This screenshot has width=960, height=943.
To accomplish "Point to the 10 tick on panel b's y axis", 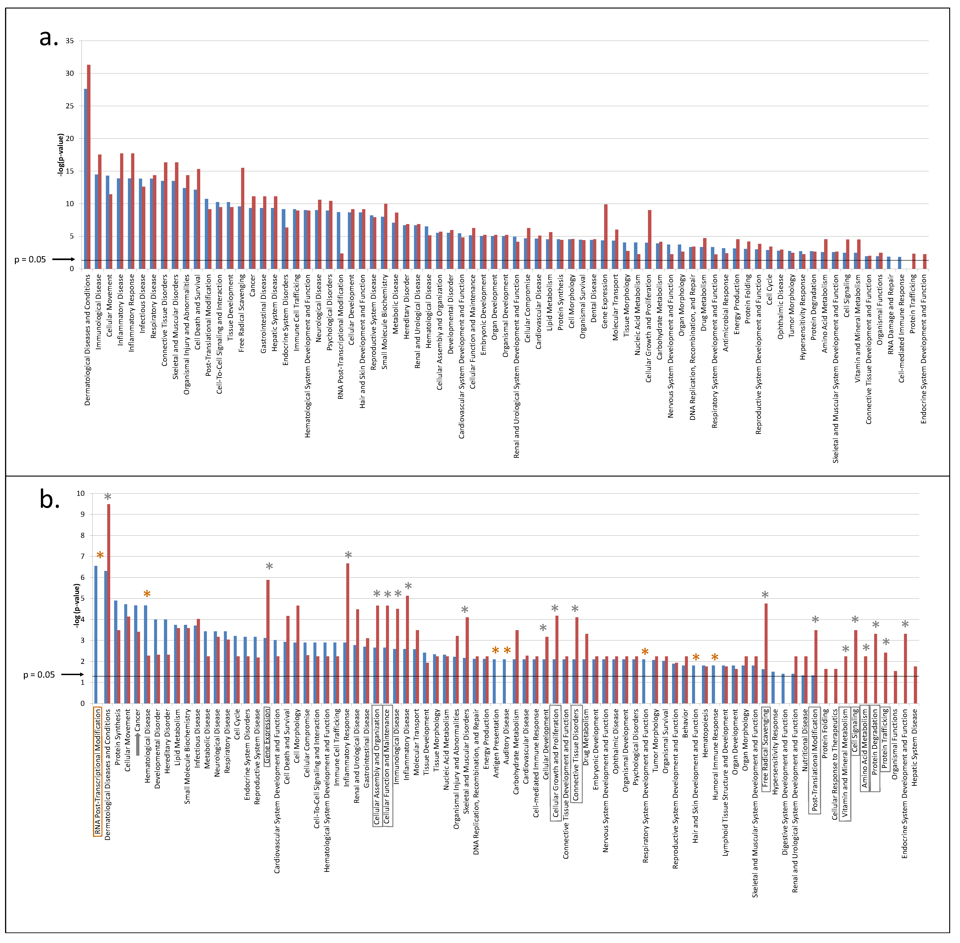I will (x=80, y=493).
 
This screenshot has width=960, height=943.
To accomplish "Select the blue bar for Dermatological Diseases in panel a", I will (x=85, y=178).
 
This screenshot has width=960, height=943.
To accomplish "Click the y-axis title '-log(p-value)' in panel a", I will (x=60, y=154).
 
